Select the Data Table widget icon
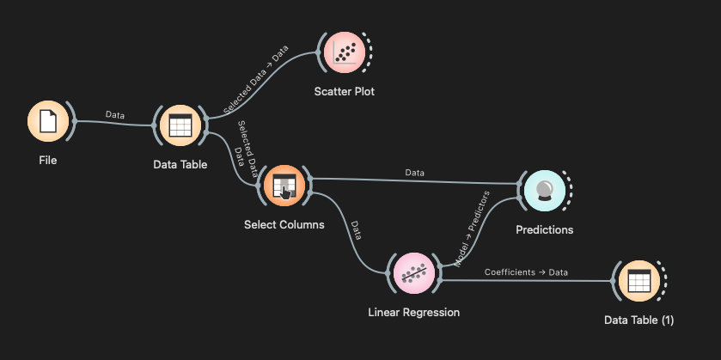coord(180,126)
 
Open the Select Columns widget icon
coord(284,186)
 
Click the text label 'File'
coord(47,160)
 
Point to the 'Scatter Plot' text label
coord(344,91)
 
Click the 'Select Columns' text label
coord(284,225)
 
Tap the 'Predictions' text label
coord(544,229)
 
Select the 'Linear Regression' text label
coord(413,313)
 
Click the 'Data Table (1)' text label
coord(639,320)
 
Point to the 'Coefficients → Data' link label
coord(526,272)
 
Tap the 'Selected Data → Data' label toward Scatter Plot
coord(255,80)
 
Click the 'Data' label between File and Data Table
coord(114,113)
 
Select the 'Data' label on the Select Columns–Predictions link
coord(415,173)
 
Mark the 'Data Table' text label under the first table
coord(180,164)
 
